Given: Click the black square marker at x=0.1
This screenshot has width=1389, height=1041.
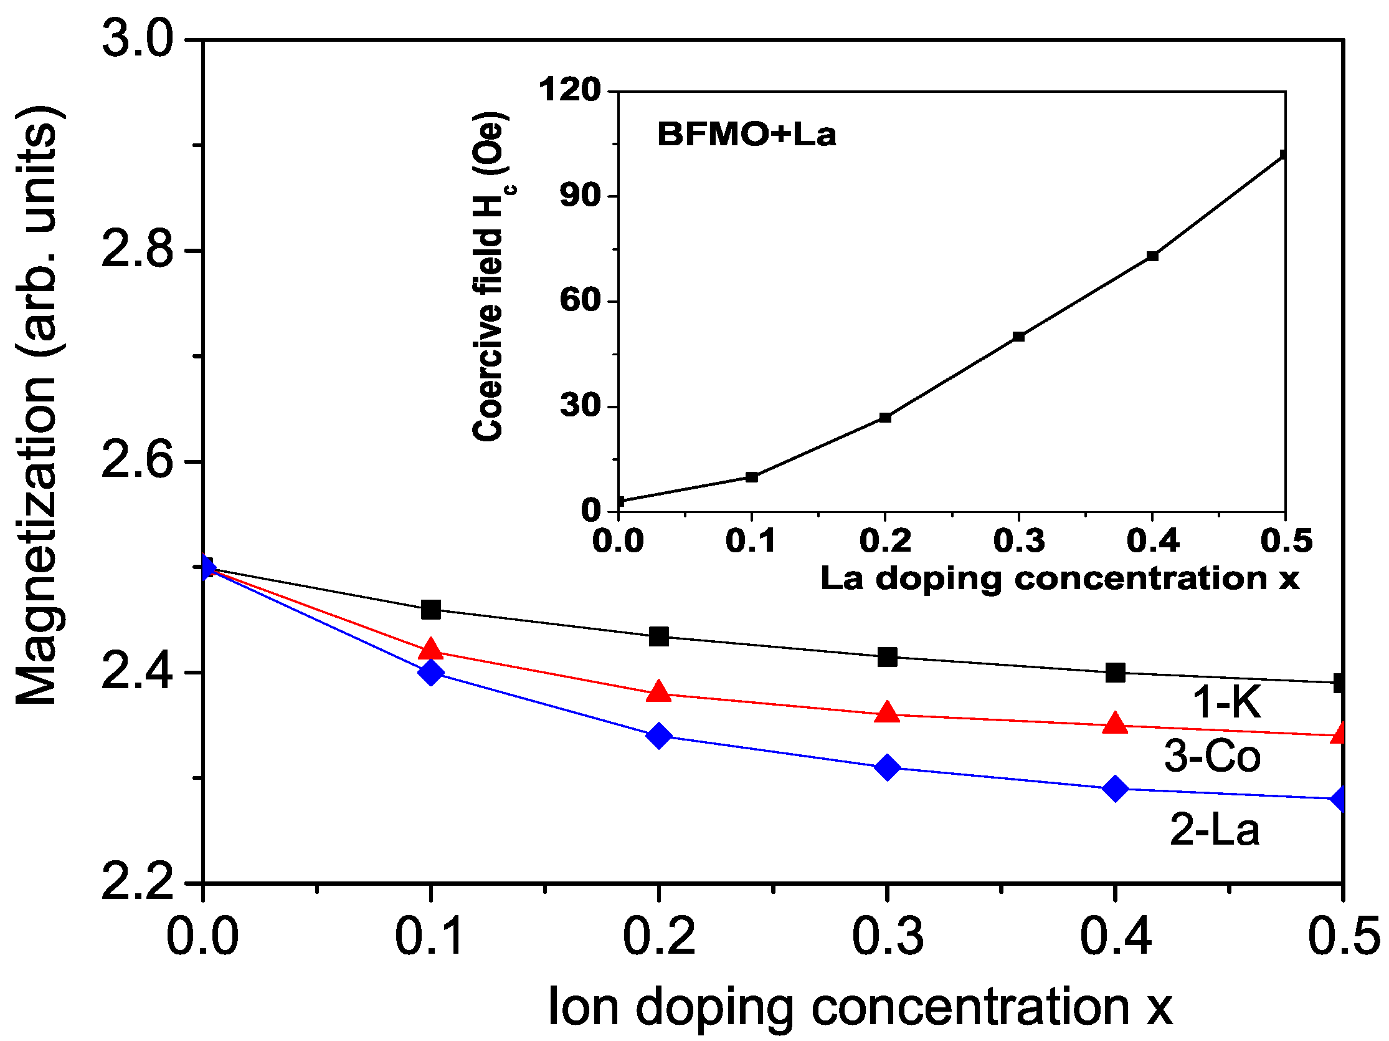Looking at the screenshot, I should click(431, 609).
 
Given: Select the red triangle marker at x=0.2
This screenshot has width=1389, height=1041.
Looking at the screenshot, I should click(659, 692).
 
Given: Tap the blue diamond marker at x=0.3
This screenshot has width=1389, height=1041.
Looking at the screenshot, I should click(886, 767).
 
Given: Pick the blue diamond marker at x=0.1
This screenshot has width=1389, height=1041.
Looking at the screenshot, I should click(431, 672).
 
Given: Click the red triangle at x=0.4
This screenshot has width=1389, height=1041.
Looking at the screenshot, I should click(1115, 723).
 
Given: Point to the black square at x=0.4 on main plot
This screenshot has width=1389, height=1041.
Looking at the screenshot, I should click(1115, 673).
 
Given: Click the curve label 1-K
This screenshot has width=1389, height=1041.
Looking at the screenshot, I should click(1226, 702).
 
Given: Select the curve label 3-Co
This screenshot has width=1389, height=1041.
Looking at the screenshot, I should click(1213, 756).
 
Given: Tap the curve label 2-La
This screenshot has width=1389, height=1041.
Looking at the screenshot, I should click(1215, 829).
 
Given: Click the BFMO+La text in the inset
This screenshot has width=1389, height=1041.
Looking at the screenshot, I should click(746, 135).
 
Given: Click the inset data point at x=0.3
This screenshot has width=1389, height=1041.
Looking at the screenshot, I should click(1018, 337).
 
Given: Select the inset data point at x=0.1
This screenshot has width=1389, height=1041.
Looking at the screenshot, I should click(752, 477).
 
